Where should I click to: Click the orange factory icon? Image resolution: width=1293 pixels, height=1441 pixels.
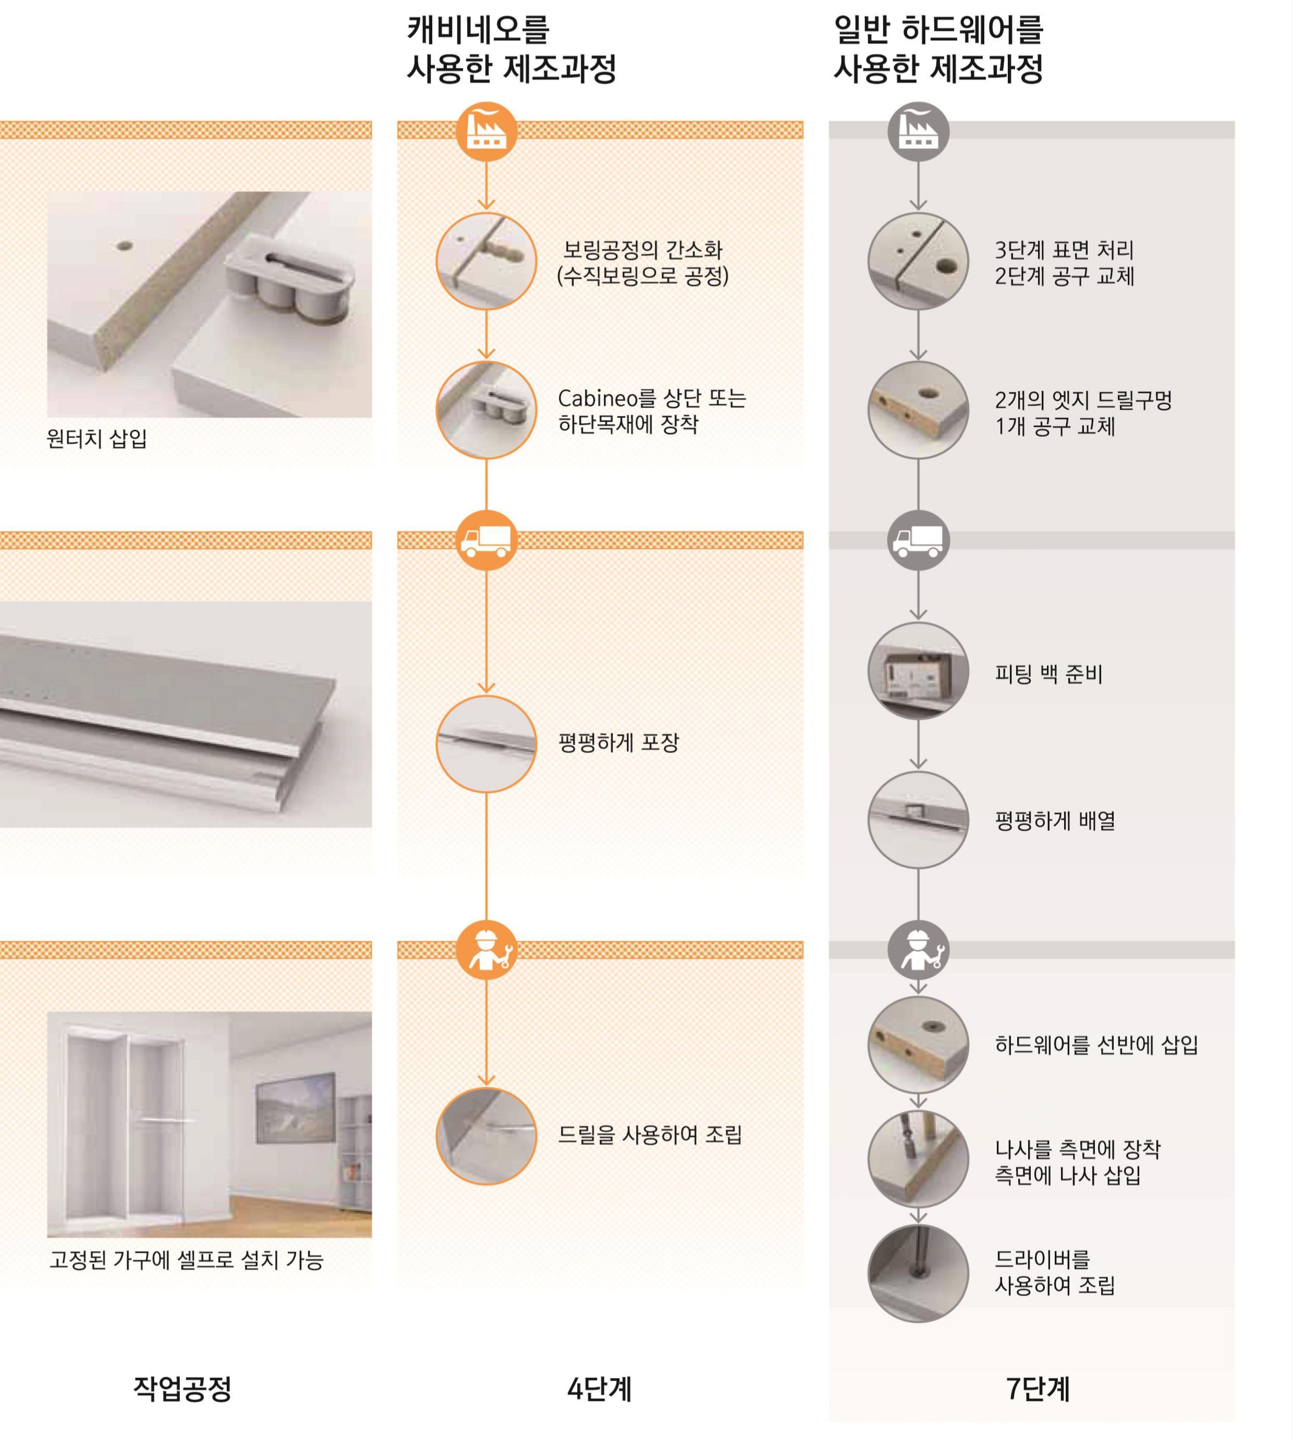pos(486,131)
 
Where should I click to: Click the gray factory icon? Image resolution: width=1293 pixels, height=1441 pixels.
pos(918,131)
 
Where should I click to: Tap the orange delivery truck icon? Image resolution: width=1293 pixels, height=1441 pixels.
pos(486,540)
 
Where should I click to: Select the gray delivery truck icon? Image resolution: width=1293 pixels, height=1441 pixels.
pos(918,540)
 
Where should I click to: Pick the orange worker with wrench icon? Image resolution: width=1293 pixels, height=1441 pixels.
pos(486,950)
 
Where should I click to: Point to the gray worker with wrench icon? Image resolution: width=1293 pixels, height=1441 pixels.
pos(918,950)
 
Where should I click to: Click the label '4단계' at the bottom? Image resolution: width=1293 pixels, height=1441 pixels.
pos(599,1388)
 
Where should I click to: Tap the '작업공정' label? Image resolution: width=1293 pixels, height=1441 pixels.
pos(182,1388)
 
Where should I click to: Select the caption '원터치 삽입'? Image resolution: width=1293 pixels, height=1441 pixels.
pos(96,438)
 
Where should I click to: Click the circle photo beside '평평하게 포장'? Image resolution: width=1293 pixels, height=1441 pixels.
pos(486,744)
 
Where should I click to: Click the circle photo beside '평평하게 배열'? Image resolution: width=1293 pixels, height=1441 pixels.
pos(918,820)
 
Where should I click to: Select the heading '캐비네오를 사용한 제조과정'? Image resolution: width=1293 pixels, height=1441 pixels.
pos(511,50)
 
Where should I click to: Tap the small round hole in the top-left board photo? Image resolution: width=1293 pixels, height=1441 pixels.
pos(124,247)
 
